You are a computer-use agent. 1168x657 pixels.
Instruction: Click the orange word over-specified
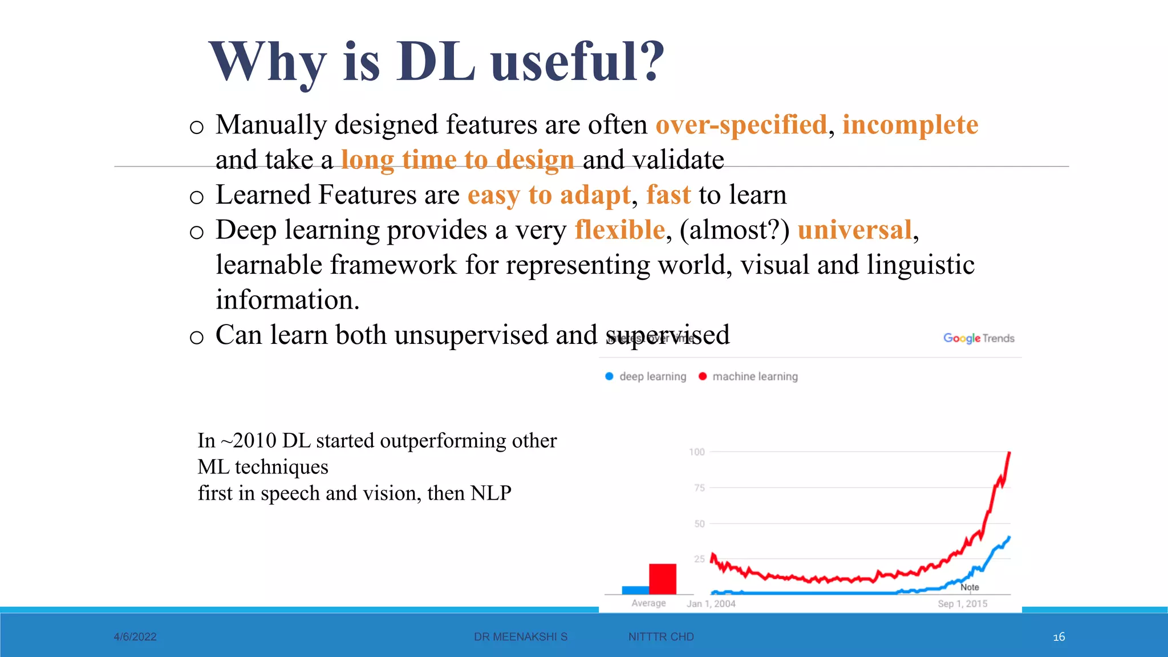(741, 125)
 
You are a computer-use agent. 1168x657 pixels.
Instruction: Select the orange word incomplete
(910, 125)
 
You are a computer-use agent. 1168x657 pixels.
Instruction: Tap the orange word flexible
(620, 230)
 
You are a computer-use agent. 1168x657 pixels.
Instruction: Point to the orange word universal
(855, 230)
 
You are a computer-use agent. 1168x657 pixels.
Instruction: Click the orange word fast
(668, 195)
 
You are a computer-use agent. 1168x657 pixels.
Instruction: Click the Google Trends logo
(979, 338)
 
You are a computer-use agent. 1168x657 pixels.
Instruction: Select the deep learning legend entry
(646, 376)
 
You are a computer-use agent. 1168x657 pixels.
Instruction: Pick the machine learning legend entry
(748, 376)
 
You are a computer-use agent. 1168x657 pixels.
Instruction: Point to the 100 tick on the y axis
(697, 452)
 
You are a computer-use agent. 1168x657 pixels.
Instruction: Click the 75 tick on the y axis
(699, 488)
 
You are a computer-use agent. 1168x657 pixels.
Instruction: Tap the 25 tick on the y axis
(699, 559)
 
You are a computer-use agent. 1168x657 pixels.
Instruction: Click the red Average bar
(663, 579)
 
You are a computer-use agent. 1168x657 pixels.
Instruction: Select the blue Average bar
(635, 590)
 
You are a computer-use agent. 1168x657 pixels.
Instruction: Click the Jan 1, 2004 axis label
(711, 603)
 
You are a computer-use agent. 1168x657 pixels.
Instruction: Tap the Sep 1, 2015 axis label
(963, 603)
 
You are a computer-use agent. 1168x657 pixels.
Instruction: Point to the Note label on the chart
(970, 587)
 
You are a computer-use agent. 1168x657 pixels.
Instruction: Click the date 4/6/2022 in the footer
(135, 636)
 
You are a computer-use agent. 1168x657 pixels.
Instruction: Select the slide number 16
(1058, 636)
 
